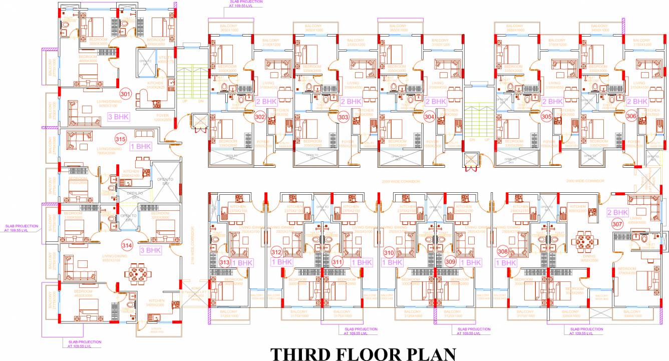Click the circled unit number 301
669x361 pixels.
[125, 94]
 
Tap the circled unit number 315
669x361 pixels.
[120, 139]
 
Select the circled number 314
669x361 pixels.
[127, 245]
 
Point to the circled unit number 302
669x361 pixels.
[260, 117]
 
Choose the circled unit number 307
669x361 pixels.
[617, 224]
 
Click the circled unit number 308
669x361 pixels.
[503, 251]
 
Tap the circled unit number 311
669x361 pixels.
[338, 261]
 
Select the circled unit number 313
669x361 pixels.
[225, 261]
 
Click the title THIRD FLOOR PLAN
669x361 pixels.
[363, 353]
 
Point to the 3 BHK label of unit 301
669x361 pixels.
[118, 117]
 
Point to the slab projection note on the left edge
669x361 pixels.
[21, 228]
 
